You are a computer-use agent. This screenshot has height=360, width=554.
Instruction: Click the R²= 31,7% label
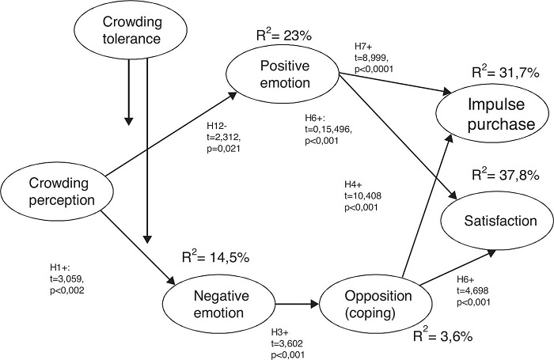click(x=506, y=72)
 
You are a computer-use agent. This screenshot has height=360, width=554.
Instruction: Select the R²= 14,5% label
click(x=216, y=256)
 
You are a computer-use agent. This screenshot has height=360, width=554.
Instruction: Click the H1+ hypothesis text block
click(x=66, y=279)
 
